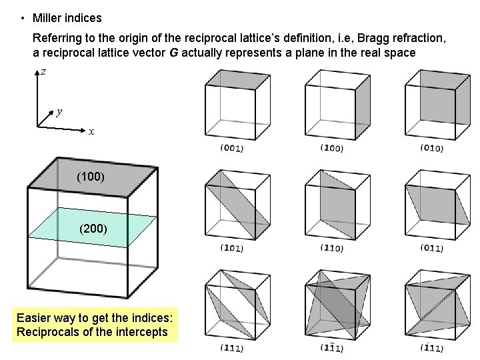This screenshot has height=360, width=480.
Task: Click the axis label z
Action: pos(43,71)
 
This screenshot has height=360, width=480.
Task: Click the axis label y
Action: pos(60,112)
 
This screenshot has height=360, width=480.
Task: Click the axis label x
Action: pos(91,132)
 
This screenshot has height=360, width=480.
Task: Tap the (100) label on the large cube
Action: pos(91,177)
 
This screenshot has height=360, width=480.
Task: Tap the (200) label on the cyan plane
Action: pos(93,229)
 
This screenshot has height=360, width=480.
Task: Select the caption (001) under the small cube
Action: pos(231,148)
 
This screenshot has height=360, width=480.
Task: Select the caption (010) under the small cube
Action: pos(431,148)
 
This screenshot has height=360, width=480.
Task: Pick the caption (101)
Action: pos(231,248)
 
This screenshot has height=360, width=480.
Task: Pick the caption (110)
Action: pos(331,248)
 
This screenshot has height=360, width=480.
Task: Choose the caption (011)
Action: pos(431,248)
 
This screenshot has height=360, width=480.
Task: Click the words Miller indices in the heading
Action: pos(67,18)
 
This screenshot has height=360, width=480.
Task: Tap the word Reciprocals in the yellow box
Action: pos(46,332)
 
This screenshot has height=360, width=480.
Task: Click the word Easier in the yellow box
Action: pos(34,317)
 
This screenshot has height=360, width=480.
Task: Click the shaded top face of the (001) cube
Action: pos(238,79)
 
